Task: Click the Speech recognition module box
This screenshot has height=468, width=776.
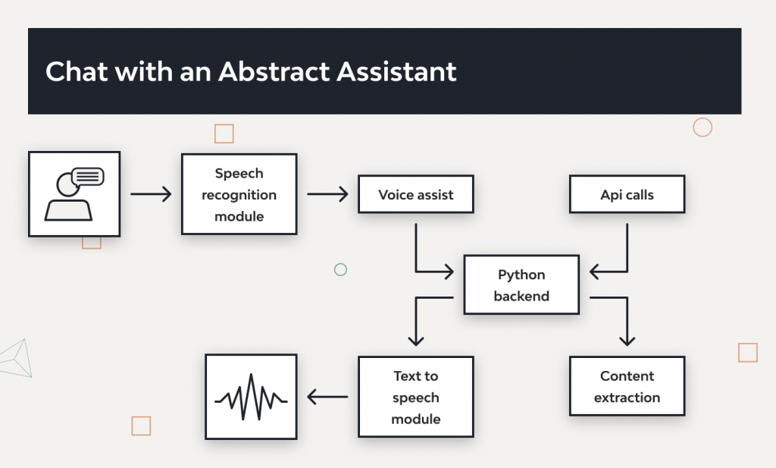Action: pos(239,195)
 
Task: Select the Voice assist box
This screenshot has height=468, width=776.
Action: pos(415,195)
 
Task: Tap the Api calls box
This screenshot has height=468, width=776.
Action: pos(627,195)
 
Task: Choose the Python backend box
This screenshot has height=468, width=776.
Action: pos(521,285)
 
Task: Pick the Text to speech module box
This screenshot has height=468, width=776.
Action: pos(415,397)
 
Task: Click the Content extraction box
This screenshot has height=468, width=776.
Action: pos(627,386)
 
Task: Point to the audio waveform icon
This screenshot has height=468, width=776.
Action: pos(251,397)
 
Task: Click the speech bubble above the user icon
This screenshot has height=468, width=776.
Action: pos(87,177)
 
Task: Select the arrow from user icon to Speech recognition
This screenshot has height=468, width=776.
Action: pos(151,195)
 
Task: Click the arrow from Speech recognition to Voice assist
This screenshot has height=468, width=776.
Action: pos(327,195)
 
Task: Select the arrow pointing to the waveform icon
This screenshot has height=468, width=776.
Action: pos(327,396)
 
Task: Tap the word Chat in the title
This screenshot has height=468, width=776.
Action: pos(74,71)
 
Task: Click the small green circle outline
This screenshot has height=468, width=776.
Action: pos(340,269)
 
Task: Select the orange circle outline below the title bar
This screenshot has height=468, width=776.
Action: pos(702,127)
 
